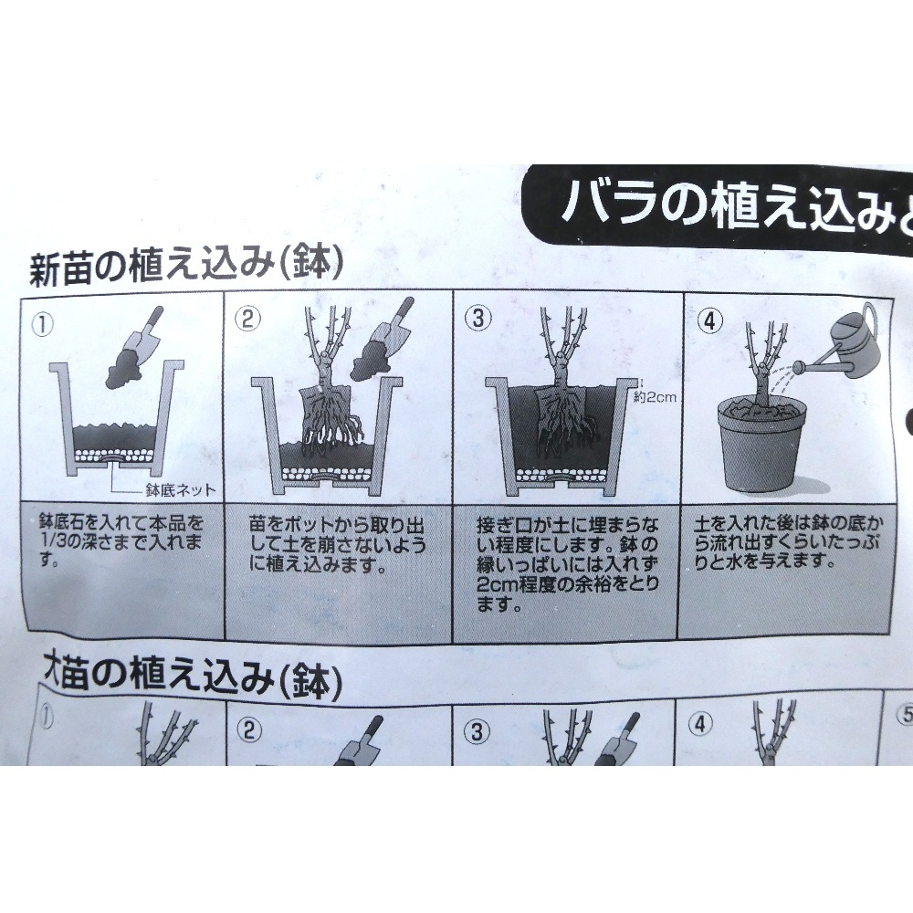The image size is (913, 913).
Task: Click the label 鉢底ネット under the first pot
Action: click(179, 490)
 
